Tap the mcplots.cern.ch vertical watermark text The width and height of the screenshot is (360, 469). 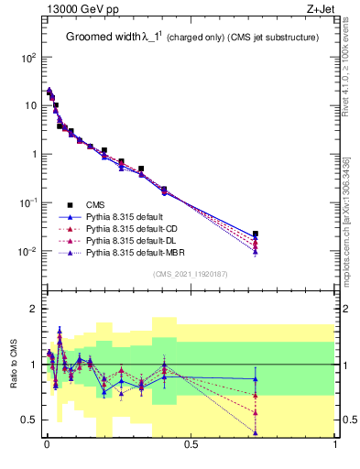[350, 220]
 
